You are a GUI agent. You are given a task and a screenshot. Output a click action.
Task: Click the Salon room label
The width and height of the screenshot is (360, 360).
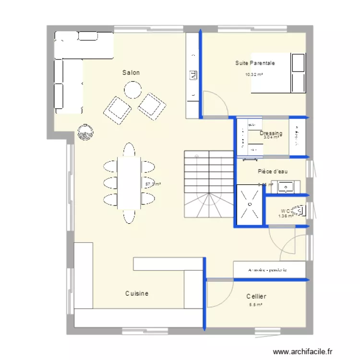point(131,72)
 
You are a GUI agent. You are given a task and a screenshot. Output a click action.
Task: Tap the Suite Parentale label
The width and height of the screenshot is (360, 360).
point(255,63)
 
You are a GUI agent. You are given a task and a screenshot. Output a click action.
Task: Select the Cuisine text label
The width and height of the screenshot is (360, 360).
point(137,293)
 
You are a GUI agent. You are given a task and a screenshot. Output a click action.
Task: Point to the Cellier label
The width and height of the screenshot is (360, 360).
point(256,297)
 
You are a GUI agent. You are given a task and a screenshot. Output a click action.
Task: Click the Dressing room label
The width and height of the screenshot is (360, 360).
point(271,133)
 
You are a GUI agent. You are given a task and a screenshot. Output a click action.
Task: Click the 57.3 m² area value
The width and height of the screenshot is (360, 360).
point(153,184)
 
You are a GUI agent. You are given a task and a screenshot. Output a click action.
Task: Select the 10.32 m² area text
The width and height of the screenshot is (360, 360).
point(254,74)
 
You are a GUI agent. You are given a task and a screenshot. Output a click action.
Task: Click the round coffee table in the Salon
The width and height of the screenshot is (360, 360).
point(132,90)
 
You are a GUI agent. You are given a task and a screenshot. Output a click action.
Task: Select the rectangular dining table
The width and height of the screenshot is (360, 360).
point(129,183)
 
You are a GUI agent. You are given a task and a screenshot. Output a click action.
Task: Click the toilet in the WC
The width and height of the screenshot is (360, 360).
point(300,211)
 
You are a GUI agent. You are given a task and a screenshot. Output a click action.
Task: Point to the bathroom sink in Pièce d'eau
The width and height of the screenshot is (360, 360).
point(288,187)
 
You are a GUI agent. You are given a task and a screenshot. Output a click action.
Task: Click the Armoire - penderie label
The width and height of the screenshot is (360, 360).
point(267,270)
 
